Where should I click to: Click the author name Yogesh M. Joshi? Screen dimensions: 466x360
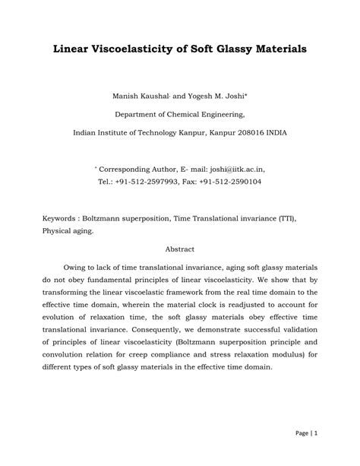[212, 97]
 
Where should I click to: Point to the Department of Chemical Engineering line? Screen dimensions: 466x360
[180, 114]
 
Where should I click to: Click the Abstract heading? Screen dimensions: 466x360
[180, 249]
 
